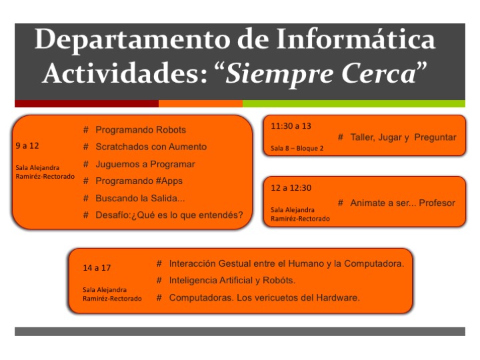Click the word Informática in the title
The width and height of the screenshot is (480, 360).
pos(356,39)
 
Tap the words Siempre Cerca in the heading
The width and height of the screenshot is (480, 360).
pos(321,73)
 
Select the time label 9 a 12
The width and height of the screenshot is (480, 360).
pos(27,146)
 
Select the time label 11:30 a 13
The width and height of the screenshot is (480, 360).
pos(291,126)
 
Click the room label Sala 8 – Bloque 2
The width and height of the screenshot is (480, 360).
pos(297,148)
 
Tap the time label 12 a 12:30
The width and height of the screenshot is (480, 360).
pos(291,187)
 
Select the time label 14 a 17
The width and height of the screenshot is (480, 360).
pos(97,268)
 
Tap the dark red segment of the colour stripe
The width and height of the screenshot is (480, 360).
pos(87,103)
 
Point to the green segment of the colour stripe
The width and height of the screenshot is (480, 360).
pos(354,103)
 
